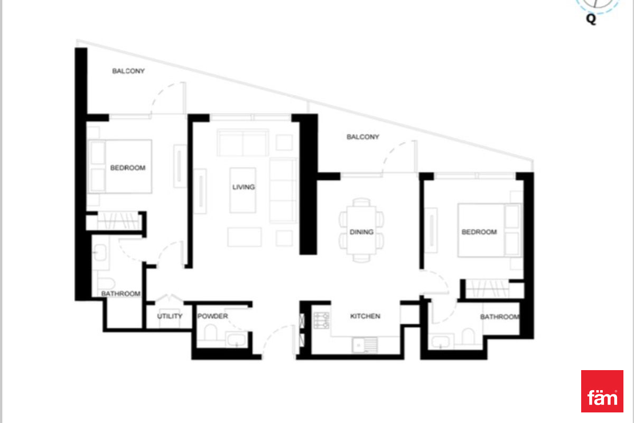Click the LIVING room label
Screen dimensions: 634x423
click(244, 187)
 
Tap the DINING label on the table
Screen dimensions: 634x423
click(361, 232)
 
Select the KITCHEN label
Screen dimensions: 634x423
click(365, 316)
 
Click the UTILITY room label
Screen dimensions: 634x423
click(170, 316)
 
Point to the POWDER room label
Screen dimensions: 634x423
click(212, 316)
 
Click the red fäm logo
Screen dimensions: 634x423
click(602, 391)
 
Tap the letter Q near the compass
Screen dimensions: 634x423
click(591, 19)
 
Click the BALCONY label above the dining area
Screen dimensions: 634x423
click(363, 137)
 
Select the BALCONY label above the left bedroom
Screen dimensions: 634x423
click(128, 71)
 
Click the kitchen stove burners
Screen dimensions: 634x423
click(322, 320)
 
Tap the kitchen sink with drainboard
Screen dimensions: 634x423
click(365, 345)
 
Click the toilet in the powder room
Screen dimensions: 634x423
click(210, 333)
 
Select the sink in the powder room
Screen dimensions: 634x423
click(237, 339)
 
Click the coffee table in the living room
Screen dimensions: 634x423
click(243, 190)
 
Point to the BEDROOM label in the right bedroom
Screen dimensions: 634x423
click(479, 232)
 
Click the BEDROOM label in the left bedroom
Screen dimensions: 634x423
click(128, 168)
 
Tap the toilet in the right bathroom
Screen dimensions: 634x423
click(468, 336)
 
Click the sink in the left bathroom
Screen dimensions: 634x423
click(100, 252)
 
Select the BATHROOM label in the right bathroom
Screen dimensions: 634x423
click(500, 317)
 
